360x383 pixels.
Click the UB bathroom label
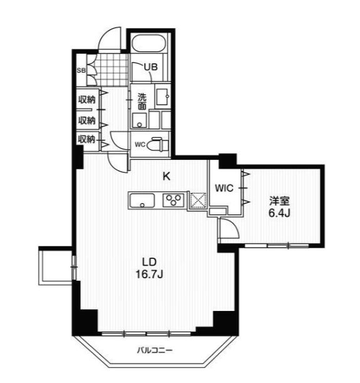[x=150, y=67]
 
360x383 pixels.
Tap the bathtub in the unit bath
[x=149, y=43]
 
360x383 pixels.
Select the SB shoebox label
[x=81, y=70]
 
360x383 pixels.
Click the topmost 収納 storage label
[x=86, y=100]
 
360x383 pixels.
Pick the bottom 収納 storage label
[x=86, y=139]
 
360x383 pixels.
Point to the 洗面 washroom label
[x=142, y=102]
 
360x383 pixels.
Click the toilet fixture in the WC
[x=159, y=145]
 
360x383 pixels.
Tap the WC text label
[x=140, y=145]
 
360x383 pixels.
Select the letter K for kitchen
[x=167, y=176]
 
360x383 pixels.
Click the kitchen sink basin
[x=142, y=201]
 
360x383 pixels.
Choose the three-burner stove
[x=173, y=200]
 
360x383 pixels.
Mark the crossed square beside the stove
[x=198, y=201]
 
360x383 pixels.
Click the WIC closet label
[x=224, y=188]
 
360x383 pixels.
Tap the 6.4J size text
[x=279, y=213]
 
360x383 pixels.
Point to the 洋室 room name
[x=279, y=201]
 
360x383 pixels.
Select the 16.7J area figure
[x=149, y=275]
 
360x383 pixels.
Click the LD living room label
[x=149, y=262]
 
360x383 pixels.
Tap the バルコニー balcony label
[x=155, y=350]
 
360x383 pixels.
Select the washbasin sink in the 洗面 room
[x=162, y=97]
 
